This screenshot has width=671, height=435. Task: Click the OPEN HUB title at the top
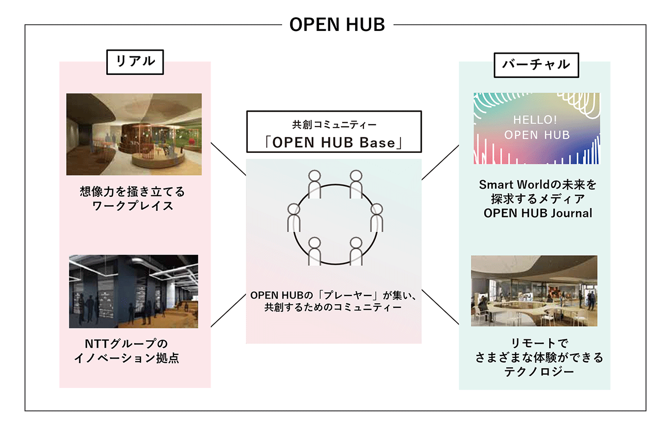[337, 24]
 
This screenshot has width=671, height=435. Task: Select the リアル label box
[135, 62]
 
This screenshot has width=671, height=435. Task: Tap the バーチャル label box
[536, 65]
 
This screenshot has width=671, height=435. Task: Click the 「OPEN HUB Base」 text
[334, 143]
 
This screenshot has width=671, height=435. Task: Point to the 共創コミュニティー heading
[334, 125]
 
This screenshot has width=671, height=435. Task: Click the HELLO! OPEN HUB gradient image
[537, 128]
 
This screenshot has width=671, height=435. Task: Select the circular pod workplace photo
[134, 134]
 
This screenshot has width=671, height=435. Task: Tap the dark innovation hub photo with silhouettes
[134, 291]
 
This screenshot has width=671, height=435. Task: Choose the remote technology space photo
[534, 291]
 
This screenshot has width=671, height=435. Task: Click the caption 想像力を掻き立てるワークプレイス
[133, 199]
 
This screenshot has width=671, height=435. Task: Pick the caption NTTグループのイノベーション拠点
[126, 351]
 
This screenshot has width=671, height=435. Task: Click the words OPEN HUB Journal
[538, 213]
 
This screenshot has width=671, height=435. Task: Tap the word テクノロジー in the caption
[539, 372]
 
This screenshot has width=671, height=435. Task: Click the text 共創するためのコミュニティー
[333, 307]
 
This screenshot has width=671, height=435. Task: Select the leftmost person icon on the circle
[294, 218]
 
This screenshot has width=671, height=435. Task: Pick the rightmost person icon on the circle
[377, 218]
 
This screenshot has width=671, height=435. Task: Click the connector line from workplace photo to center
[229, 159]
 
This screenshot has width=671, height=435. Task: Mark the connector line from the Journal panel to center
[440, 163]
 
